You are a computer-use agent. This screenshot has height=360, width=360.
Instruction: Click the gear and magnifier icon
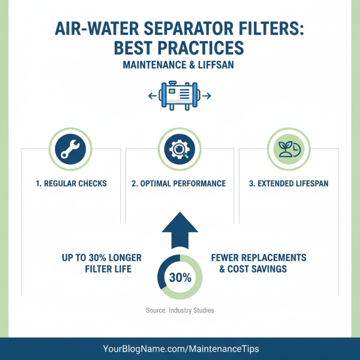tap(180, 150)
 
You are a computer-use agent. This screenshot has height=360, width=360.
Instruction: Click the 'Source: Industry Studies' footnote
tap(180, 310)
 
